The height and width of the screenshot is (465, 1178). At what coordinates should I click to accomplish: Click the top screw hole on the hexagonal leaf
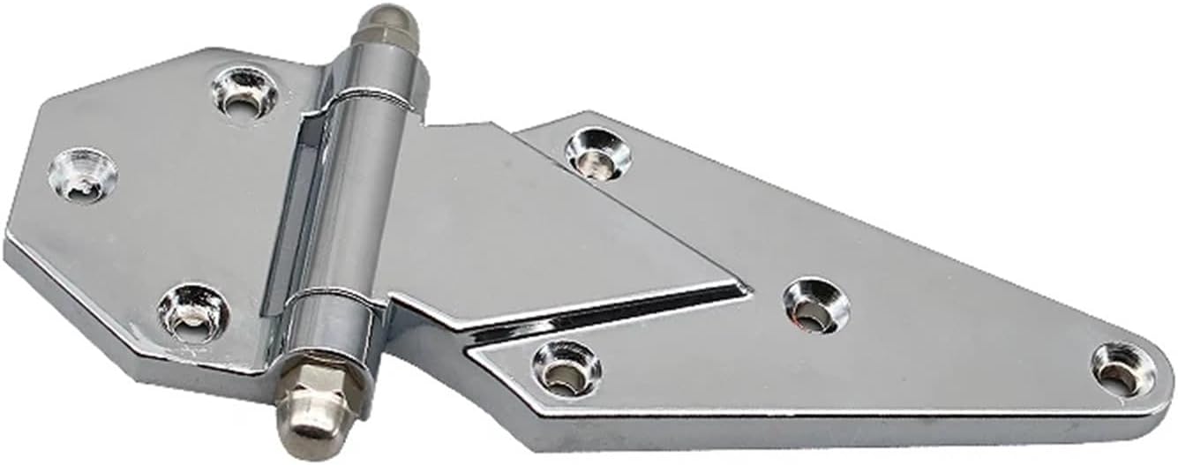(x=244, y=91)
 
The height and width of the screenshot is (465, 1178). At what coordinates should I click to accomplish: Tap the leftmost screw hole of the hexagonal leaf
(x=82, y=173)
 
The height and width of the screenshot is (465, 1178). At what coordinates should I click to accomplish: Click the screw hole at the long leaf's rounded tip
(x=1122, y=369)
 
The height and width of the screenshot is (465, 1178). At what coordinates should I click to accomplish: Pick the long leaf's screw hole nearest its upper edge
(x=597, y=153)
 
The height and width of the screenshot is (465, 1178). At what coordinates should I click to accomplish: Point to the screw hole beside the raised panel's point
(x=815, y=305)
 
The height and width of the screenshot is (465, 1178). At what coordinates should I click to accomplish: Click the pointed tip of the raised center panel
(x=746, y=287)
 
